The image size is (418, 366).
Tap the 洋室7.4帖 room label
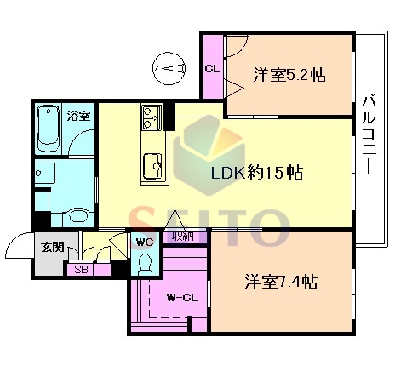pyautogui.click(x=281, y=282)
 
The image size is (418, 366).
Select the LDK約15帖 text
pyautogui.click(x=257, y=172)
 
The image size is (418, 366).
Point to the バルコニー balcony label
pyautogui.click(x=369, y=134)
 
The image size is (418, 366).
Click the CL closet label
pyautogui.click(x=212, y=69)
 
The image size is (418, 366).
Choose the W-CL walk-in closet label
pyautogui.click(x=182, y=298)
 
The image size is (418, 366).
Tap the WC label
pyautogui.click(x=145, y=243)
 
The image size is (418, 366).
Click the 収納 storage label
pyautogui.click(x=183, y=236)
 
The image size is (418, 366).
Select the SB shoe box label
pyautogui.click(x=81, y=269)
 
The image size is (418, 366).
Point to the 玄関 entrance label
pyautogui.click(x=53, y=247)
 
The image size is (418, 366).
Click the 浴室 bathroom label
pyautogui.click(x=78, y=116)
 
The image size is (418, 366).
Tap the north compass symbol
pyautogui.click(x=169, y=68)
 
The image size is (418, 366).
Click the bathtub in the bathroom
pyautogui.click(x=49, y=129)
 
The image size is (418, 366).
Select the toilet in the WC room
pyautogui.click(x=145, y=264)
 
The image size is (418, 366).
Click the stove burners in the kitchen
pyautogui.click(x=148, y=117)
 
